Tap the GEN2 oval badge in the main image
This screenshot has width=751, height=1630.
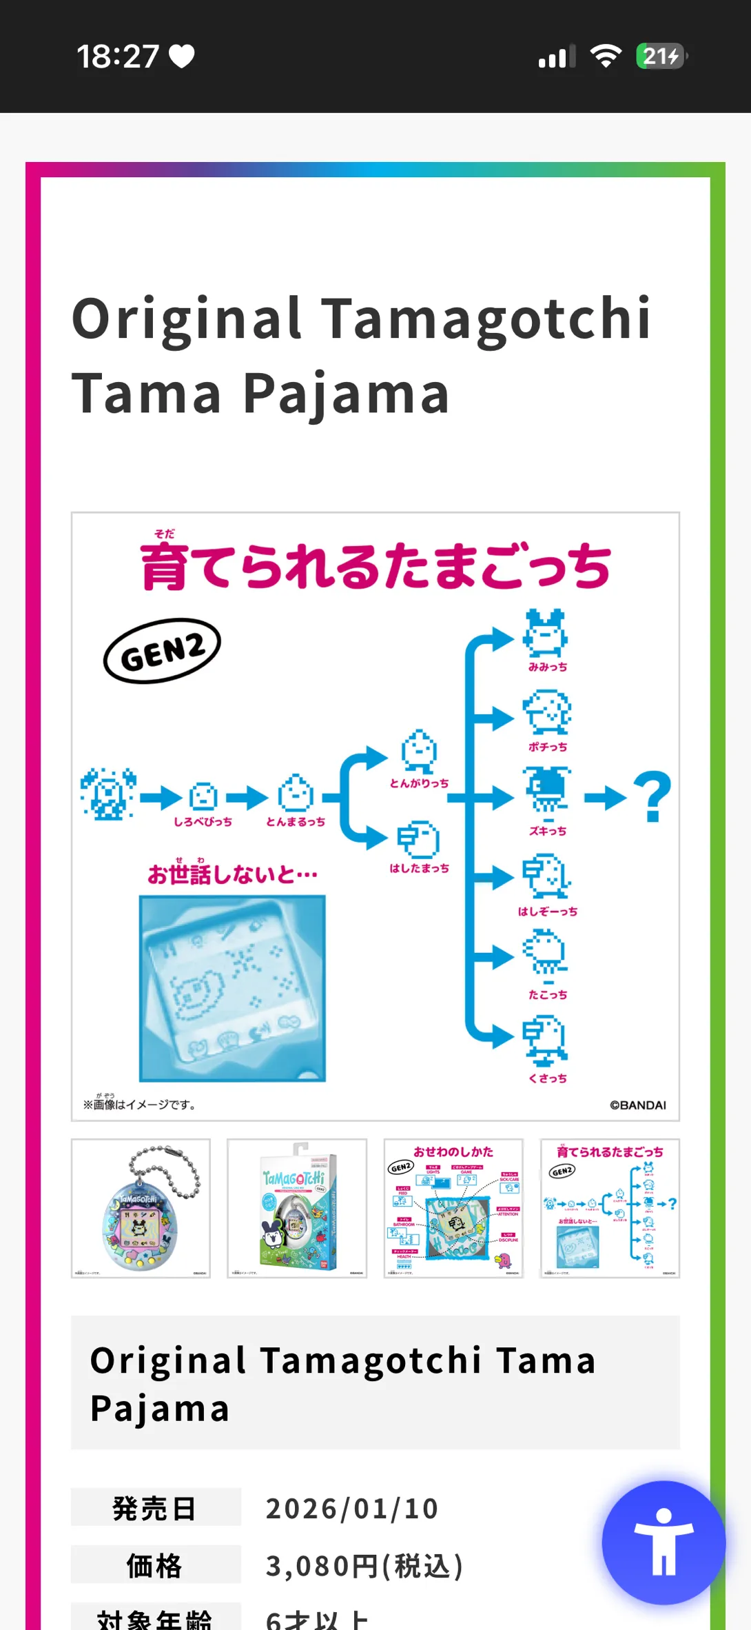coord(162,650)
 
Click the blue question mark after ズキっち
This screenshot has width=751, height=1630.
coord(652,797)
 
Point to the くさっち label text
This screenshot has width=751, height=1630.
coord(548,1078)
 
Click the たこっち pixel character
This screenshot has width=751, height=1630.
coord(546,953)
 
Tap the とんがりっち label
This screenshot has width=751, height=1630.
coord(419,783)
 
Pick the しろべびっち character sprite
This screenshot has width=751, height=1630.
coord(203,796)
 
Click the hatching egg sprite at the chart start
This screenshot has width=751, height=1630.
coord(108,794)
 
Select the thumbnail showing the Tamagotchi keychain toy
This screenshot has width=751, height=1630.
coord(141,1208)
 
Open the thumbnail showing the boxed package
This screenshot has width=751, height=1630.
coord(297,1208)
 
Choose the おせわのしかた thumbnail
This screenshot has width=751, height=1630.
coord(453,1208)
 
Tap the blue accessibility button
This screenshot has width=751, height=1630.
coord(663,1542)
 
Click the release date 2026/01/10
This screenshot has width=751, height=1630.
coord(352,1509)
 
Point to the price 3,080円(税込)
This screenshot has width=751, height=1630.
coord(364,1567)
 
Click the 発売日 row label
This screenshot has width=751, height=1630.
coord(155,1509)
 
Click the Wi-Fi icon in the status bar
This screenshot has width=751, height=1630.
coord(606,57)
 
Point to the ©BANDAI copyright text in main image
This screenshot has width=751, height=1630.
coord(637,1105)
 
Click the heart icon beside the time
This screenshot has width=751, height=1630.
coord(182,57)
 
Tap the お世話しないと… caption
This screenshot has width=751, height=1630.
coord(233,874)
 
